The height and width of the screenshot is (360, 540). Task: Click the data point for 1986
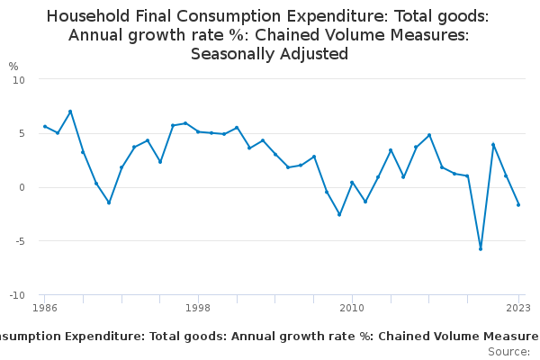click(45, 126)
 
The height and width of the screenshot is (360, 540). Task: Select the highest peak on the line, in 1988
click(70, 112)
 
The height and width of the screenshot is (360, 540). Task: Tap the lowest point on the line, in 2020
click(481, 248)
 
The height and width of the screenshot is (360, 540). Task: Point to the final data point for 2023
click(518, 204)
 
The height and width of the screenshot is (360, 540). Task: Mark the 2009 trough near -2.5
click(339, 214)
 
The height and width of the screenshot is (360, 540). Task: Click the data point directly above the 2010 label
click(352, 183)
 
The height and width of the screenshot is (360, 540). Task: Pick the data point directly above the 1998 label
click(198, 131)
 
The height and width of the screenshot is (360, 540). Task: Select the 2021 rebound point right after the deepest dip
click(493, 144)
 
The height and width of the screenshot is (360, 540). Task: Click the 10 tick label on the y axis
click(19, 79)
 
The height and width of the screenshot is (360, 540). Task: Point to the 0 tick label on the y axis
click(22, 187)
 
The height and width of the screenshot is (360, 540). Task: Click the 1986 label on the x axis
click(44, 308)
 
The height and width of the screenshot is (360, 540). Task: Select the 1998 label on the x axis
click(198, 308)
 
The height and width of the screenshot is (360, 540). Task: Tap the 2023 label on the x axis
click(518, 308)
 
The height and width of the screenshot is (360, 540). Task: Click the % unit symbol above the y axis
click(13, 67)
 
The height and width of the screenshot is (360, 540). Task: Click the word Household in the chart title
click(88, 16)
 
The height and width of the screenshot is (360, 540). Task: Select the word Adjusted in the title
click(314, 54)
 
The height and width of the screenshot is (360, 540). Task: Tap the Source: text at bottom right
click(508, 351)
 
